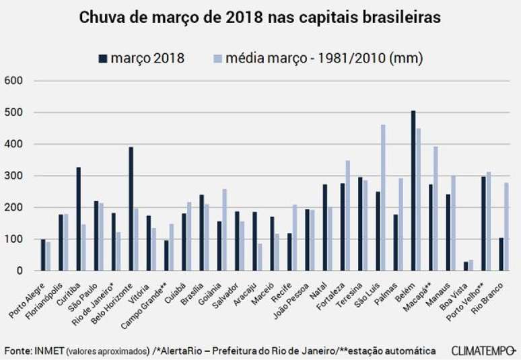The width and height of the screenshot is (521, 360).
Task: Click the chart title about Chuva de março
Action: click(x=260, y=17)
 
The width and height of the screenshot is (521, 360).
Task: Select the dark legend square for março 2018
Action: click(x=102, y=59)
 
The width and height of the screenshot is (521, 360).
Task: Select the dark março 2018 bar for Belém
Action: click(x=413, y=190)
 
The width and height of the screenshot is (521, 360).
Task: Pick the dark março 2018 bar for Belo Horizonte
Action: click(x=131, y=209)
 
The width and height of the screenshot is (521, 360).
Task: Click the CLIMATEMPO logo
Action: click(x=483, y=351)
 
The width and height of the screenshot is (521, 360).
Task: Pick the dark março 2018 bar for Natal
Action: click(x=325, y=227)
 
